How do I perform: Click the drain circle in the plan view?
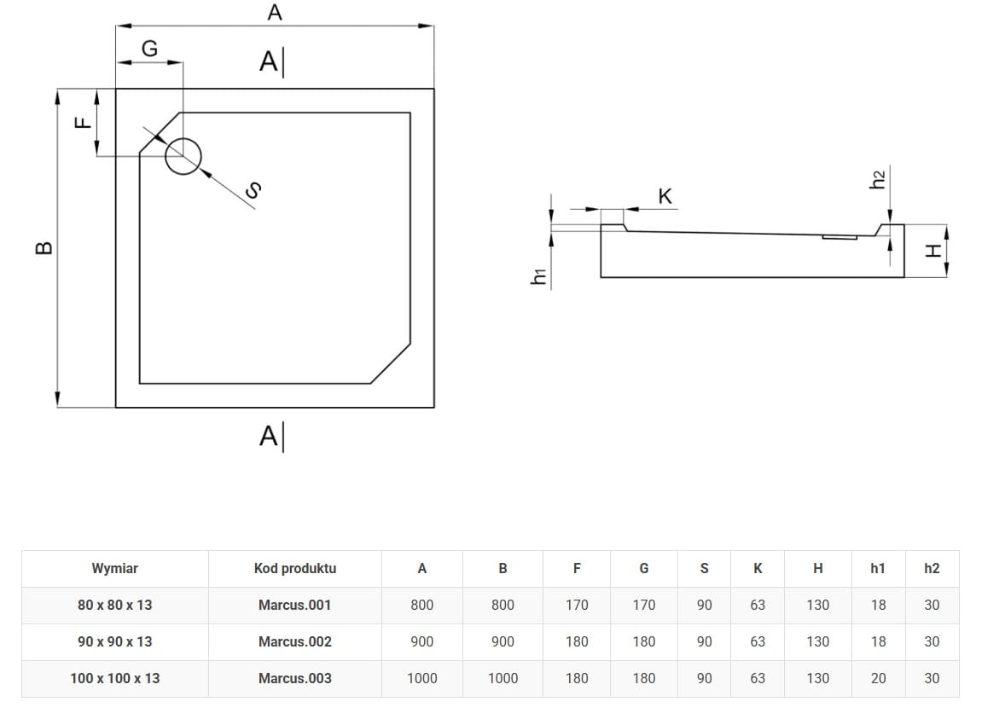183,156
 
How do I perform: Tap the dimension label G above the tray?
149,49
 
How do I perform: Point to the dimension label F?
82,122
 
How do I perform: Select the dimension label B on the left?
44,248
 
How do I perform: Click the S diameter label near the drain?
252,191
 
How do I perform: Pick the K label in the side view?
665,197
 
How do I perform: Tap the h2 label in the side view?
877,179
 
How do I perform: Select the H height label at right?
932,251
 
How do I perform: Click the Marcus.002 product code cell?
294,641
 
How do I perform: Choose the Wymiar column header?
114,568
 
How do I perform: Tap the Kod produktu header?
294,568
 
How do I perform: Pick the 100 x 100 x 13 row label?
114,678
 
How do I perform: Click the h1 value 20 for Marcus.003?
878,678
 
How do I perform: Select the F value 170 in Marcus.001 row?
577,605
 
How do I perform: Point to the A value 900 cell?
421,641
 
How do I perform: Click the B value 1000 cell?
502,678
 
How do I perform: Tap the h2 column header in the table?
932,568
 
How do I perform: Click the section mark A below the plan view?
269,436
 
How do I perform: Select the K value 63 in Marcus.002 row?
758,641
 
